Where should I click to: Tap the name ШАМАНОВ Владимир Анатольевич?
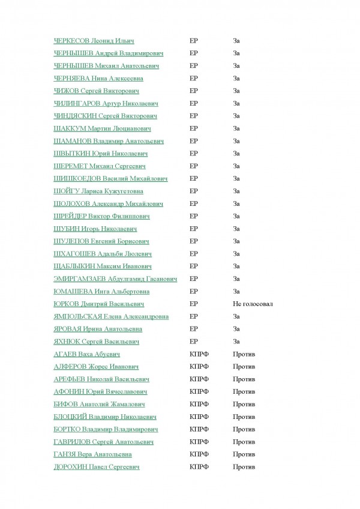[x=109, y=141]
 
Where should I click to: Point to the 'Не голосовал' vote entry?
[x=253, y=304]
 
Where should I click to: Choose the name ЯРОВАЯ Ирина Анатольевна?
[x=98, y=329]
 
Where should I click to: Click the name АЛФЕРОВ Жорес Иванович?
[x=96, y=366]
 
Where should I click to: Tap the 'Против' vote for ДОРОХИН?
[x=244, y=466]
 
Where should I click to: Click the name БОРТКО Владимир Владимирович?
[x=106, y=429]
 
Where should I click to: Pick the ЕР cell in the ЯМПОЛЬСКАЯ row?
[x=193, y=316]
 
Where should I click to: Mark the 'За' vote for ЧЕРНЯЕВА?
[x=236, y=78]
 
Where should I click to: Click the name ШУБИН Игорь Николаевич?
[x=95, y=229]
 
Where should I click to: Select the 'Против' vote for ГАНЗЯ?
[x=244, y=454]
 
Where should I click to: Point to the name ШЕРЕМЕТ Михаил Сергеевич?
[x=100, y=166]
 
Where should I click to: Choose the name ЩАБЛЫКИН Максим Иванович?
[x=102, y=266]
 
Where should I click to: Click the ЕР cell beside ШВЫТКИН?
[x=193, y=154]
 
